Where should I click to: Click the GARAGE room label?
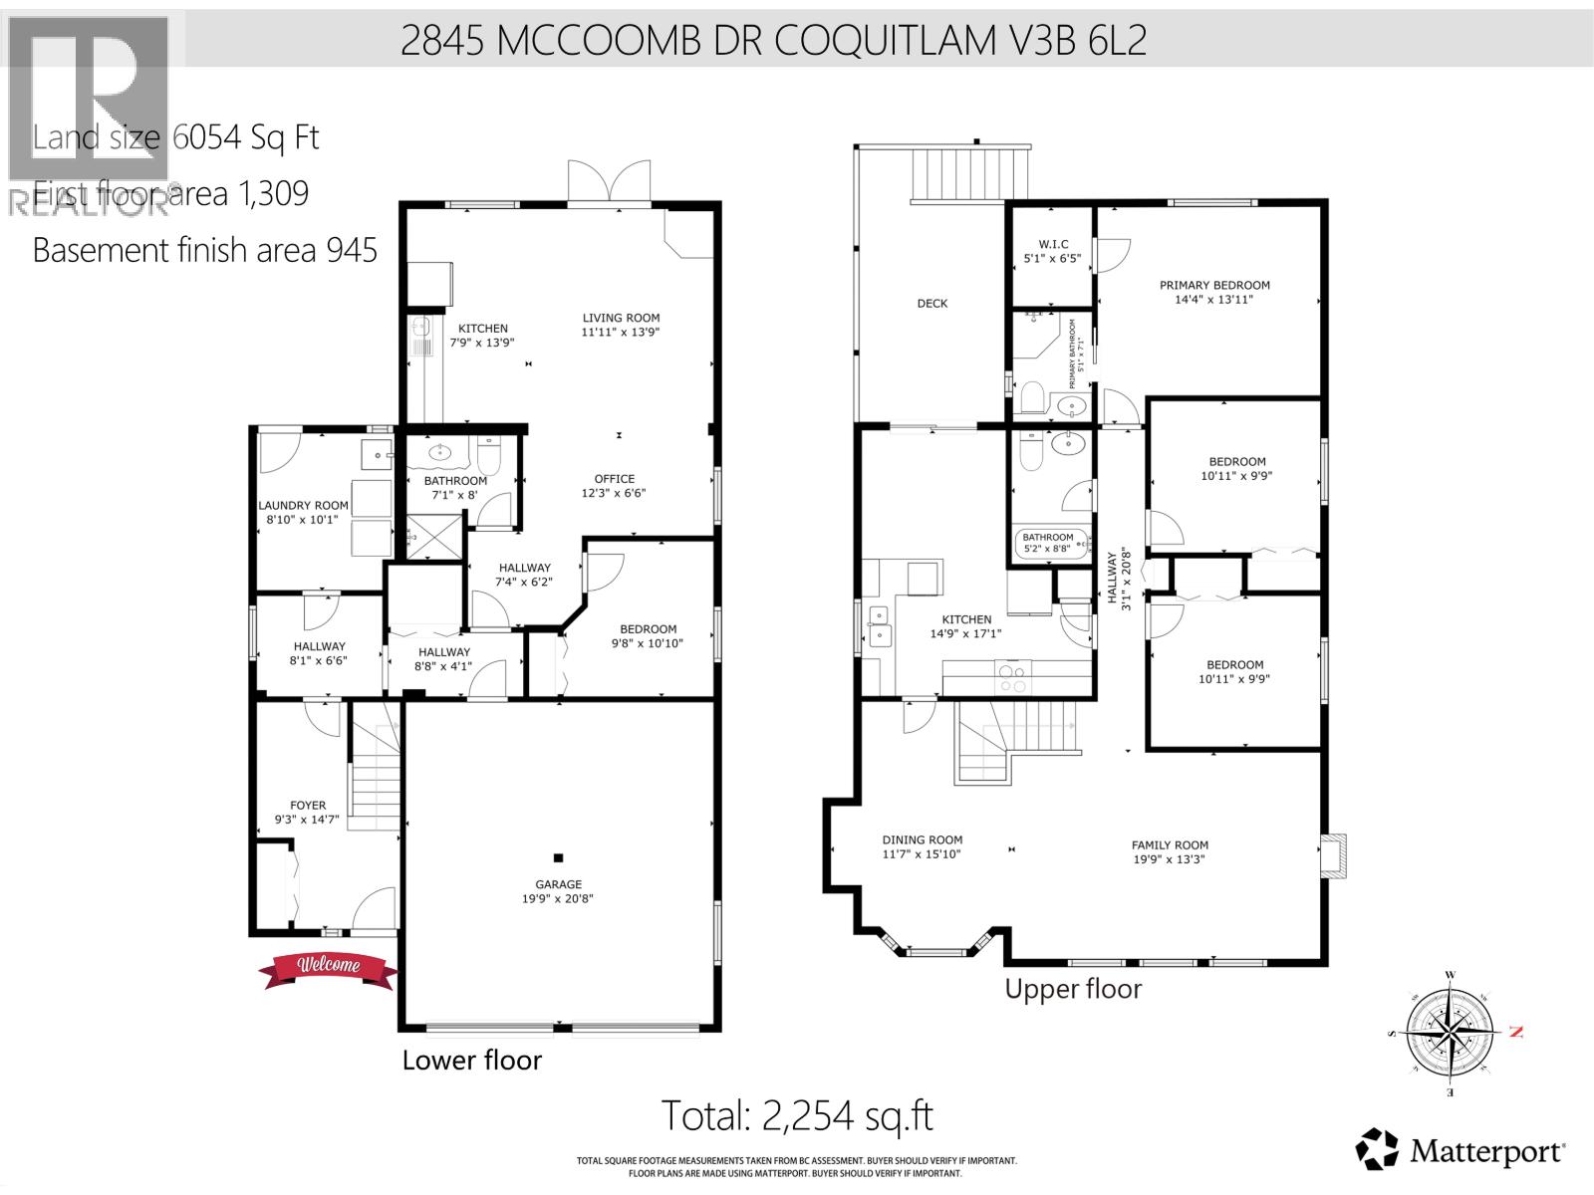click(x=558, y=884)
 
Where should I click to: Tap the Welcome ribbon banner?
click(x=324, y=966)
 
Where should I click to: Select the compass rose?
click(x=1450, y=1034)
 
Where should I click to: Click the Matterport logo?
click(x=1461, y=1153)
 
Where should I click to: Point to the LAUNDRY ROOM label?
click(x=304, y=505)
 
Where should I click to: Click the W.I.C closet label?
click(x=1053, y=244)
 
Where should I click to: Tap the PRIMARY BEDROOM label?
click(x=1214, y=285)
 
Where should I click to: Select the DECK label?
click(x=932, y=304)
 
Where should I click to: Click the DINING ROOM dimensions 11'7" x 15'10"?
click(x=922, y=854)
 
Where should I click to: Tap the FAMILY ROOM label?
click(x=1170, y=844)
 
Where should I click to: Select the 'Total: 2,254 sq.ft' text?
click(x=798, y=1115)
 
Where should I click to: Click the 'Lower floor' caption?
click(x=471, y=1060)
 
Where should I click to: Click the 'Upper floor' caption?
click(x=1073, y=989)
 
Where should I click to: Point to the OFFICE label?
click(x=615, y=479)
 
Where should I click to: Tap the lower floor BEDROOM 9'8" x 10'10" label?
click(x=648, y=629)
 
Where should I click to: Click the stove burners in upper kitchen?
click(x=1013, y=678)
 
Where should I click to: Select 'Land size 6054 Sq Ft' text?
click(x=175, y=137)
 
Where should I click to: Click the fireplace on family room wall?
click(x=1334, y=854)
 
